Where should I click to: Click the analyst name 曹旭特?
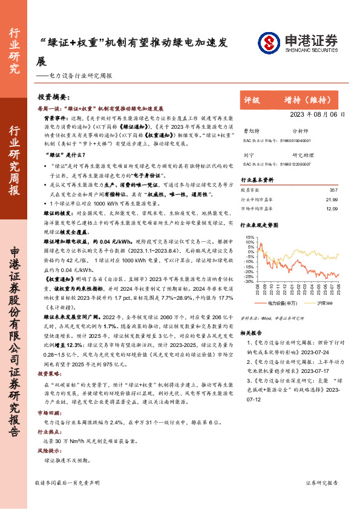tap(250, 131)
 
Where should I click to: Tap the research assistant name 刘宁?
tap(247, 155)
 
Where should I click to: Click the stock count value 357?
tap(332, 190)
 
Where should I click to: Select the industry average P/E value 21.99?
tap(330, 199)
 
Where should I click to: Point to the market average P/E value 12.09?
tap(330, 209)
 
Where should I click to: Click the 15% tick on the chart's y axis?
tap(249, 230)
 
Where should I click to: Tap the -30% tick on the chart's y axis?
tap(248, 280)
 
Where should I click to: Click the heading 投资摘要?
tap(54, 97)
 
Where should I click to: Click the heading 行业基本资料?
tap(257, 180)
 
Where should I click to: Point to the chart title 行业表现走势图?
tap(260, 224)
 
